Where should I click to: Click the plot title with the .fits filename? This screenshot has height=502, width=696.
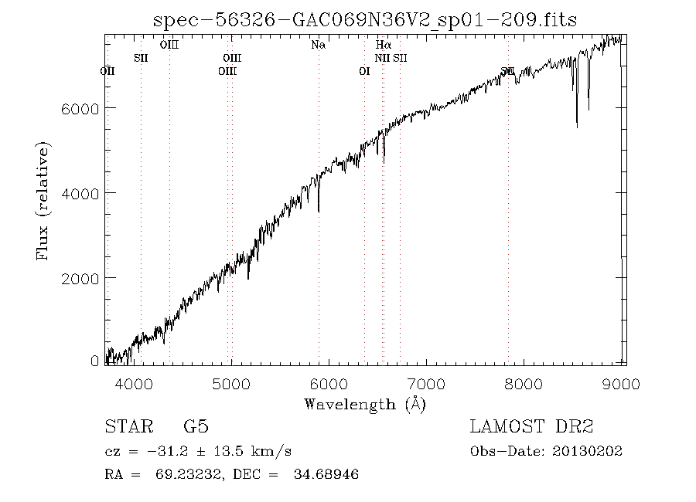365,19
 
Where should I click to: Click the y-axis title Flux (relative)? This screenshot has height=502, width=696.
43,200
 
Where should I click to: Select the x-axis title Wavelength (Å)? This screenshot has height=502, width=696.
365,404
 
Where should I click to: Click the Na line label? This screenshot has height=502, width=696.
318,45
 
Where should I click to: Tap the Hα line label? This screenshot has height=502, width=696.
383,45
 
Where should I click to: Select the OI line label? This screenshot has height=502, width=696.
365,71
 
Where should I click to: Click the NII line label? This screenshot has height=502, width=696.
383,58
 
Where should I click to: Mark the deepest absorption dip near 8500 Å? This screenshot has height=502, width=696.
577,125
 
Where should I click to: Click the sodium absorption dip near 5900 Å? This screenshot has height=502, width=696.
319,210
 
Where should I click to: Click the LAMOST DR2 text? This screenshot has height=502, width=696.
531,427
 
